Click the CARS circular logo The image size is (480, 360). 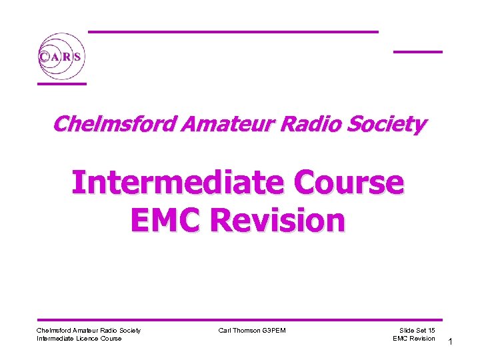tap(61, 57)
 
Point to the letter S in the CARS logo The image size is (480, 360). tap(77, 57)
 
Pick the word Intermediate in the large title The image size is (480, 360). tap(169, 182)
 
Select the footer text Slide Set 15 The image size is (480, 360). tap(417, 330)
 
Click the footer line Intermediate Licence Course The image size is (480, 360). tap(79, 339)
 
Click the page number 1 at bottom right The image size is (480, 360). tap(451, 342)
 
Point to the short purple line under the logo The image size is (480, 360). tap(61, 84)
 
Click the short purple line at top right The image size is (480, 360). tap(417, 51)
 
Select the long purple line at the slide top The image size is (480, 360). tap(233, 31)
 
